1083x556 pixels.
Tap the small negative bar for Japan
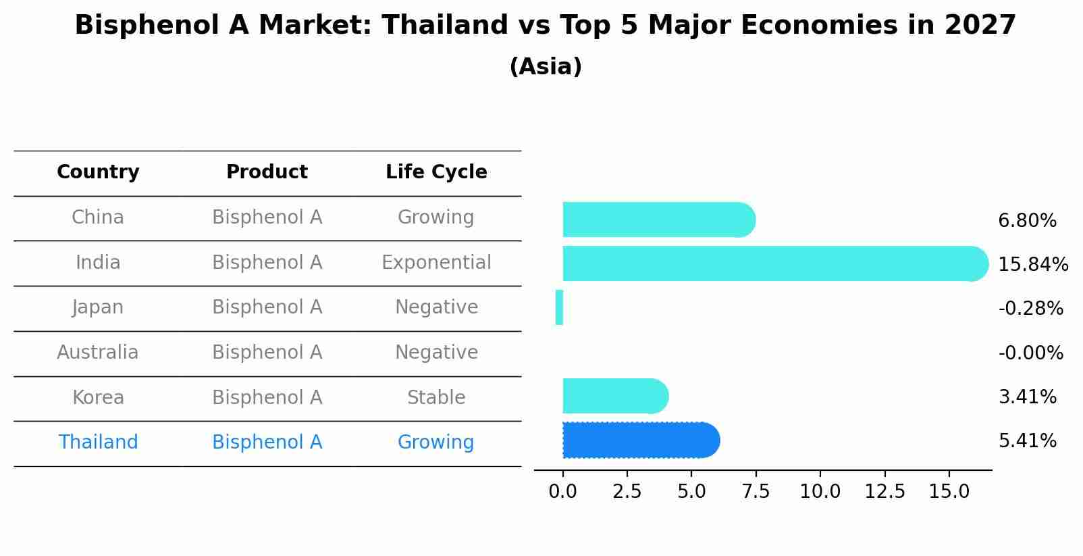[559, 307]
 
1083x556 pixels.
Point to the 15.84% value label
[1032, 264]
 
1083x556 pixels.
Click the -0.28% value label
[1030, 309]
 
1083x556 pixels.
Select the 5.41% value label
[1027, 441]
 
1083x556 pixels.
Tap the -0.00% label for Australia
[1030, 353]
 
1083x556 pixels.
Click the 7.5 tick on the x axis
[756, 491]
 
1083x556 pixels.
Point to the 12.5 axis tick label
[884, 491]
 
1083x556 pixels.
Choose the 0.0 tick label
[562, 491]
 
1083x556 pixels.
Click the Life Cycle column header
[436, 172]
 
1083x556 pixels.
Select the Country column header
[98, 172]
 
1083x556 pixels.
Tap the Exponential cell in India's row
[436, 262]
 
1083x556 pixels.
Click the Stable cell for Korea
[436, 397]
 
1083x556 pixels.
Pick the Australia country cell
[98, 352]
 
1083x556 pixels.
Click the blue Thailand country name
[98, 442]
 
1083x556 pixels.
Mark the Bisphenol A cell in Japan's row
[267, 307]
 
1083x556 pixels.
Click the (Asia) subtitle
[545, 67]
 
